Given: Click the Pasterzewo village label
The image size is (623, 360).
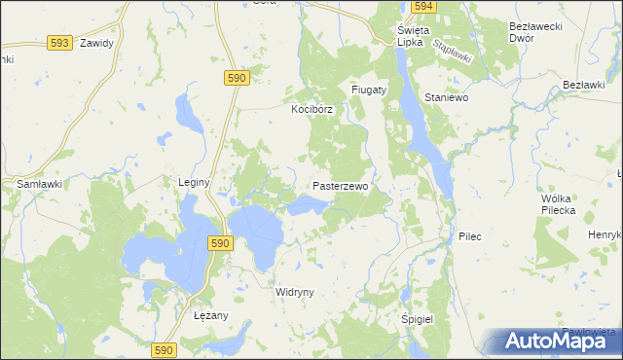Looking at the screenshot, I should point(340,186).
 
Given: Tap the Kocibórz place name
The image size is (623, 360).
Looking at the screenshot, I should point(311,110).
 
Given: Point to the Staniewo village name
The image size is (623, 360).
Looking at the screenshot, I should point(448,97).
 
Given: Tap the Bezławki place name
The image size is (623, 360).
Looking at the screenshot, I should point(584,86).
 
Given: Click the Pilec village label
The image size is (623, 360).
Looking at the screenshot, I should point(470,236).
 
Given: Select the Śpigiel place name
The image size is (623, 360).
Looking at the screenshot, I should point(417,319).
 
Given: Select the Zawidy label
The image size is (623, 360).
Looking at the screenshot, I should point(97,43).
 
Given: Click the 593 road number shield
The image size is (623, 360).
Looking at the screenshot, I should point(59,43).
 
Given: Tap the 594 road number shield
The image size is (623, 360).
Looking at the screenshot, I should point(422,6).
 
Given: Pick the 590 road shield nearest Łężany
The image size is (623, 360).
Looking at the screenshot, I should point(165,349).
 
